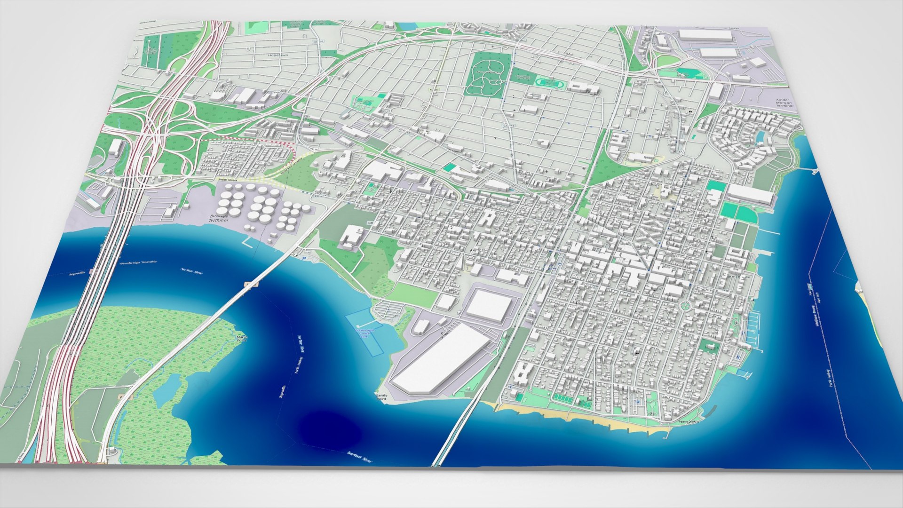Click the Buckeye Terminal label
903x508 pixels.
coord(218,218)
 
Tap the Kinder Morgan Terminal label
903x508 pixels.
coord(784,103)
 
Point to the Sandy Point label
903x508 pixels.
coord(381,397)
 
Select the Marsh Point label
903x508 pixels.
coord(241,339)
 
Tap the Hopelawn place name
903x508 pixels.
coord(277,55)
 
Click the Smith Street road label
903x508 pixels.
coord(228,180)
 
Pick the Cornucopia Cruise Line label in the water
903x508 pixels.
coord(364,333)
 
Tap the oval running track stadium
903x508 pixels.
coord(548,82)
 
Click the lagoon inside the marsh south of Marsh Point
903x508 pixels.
coord(167,390)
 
